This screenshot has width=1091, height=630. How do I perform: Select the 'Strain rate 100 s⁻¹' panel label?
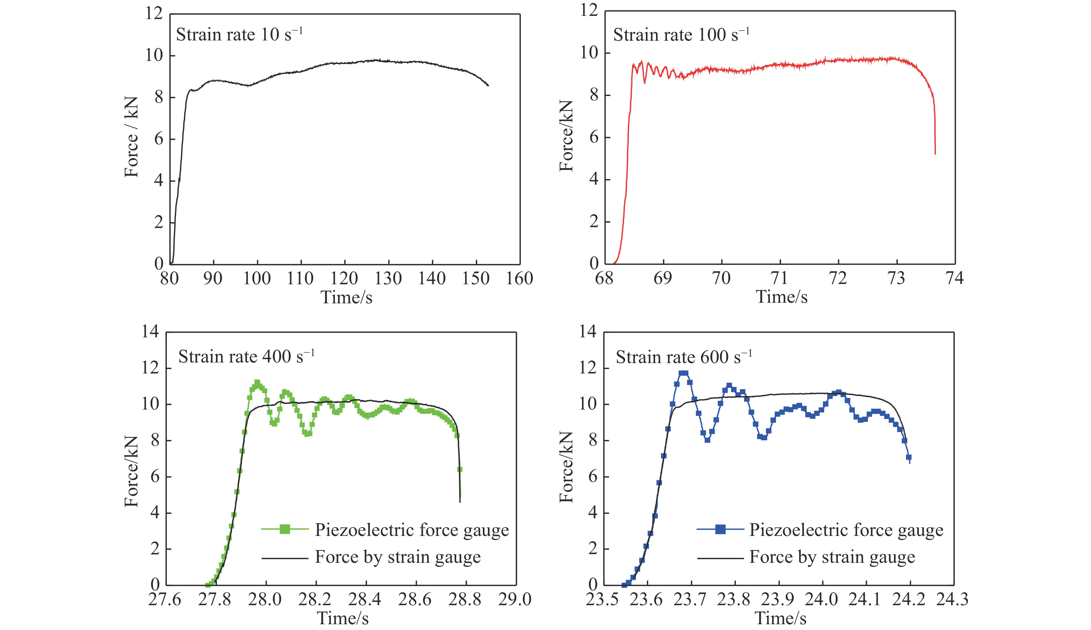(x=681, y=35)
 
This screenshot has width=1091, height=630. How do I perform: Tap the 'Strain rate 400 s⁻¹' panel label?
(x=246, y=356)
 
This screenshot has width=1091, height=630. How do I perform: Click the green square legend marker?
(x=285, y=529)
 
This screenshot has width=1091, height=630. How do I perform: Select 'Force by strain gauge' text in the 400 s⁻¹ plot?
(x=397, y=557)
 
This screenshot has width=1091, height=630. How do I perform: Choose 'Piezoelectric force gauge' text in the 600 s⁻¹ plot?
(x=846, y=530)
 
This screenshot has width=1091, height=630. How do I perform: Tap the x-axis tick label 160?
(x=520, y=278)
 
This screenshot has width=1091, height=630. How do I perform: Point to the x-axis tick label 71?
(x=780, y=278)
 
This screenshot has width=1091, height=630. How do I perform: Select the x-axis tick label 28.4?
(x=365, y=599)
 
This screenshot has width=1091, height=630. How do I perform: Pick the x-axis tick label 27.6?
(x=165, y=599)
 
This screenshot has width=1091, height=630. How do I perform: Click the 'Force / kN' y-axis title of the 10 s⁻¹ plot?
(x=131, y=137)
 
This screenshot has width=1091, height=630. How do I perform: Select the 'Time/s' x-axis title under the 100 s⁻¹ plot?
(x=781, y=297)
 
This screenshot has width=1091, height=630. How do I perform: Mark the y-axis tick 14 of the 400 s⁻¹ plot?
(x=151, y=332)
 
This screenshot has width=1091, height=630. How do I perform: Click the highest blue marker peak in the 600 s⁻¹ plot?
(x=683, y=373)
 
